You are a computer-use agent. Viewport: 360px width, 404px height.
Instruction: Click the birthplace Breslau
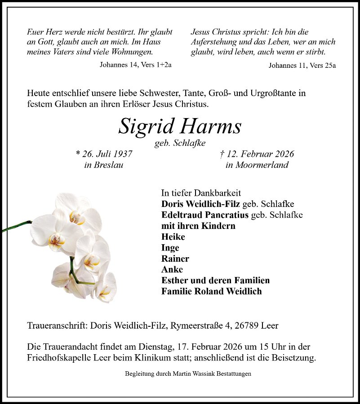click(110, 165)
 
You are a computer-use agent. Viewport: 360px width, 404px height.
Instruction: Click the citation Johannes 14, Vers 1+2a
click(135, 65)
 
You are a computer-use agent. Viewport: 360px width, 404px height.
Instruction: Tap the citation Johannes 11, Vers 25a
click(302, 65)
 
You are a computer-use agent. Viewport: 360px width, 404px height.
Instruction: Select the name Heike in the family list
click(173, 237)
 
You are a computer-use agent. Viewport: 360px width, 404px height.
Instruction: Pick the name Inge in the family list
click(170, 248)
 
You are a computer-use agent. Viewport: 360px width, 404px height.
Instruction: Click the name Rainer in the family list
click(175, 259)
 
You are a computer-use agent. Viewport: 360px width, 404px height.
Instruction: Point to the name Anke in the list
click(172, 269)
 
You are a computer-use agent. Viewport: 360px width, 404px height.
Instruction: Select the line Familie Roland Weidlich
click(211, 291)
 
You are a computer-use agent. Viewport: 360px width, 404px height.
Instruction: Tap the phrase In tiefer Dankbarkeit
click(201, 193)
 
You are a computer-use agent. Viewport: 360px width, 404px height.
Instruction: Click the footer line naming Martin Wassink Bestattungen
click(188, 373)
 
